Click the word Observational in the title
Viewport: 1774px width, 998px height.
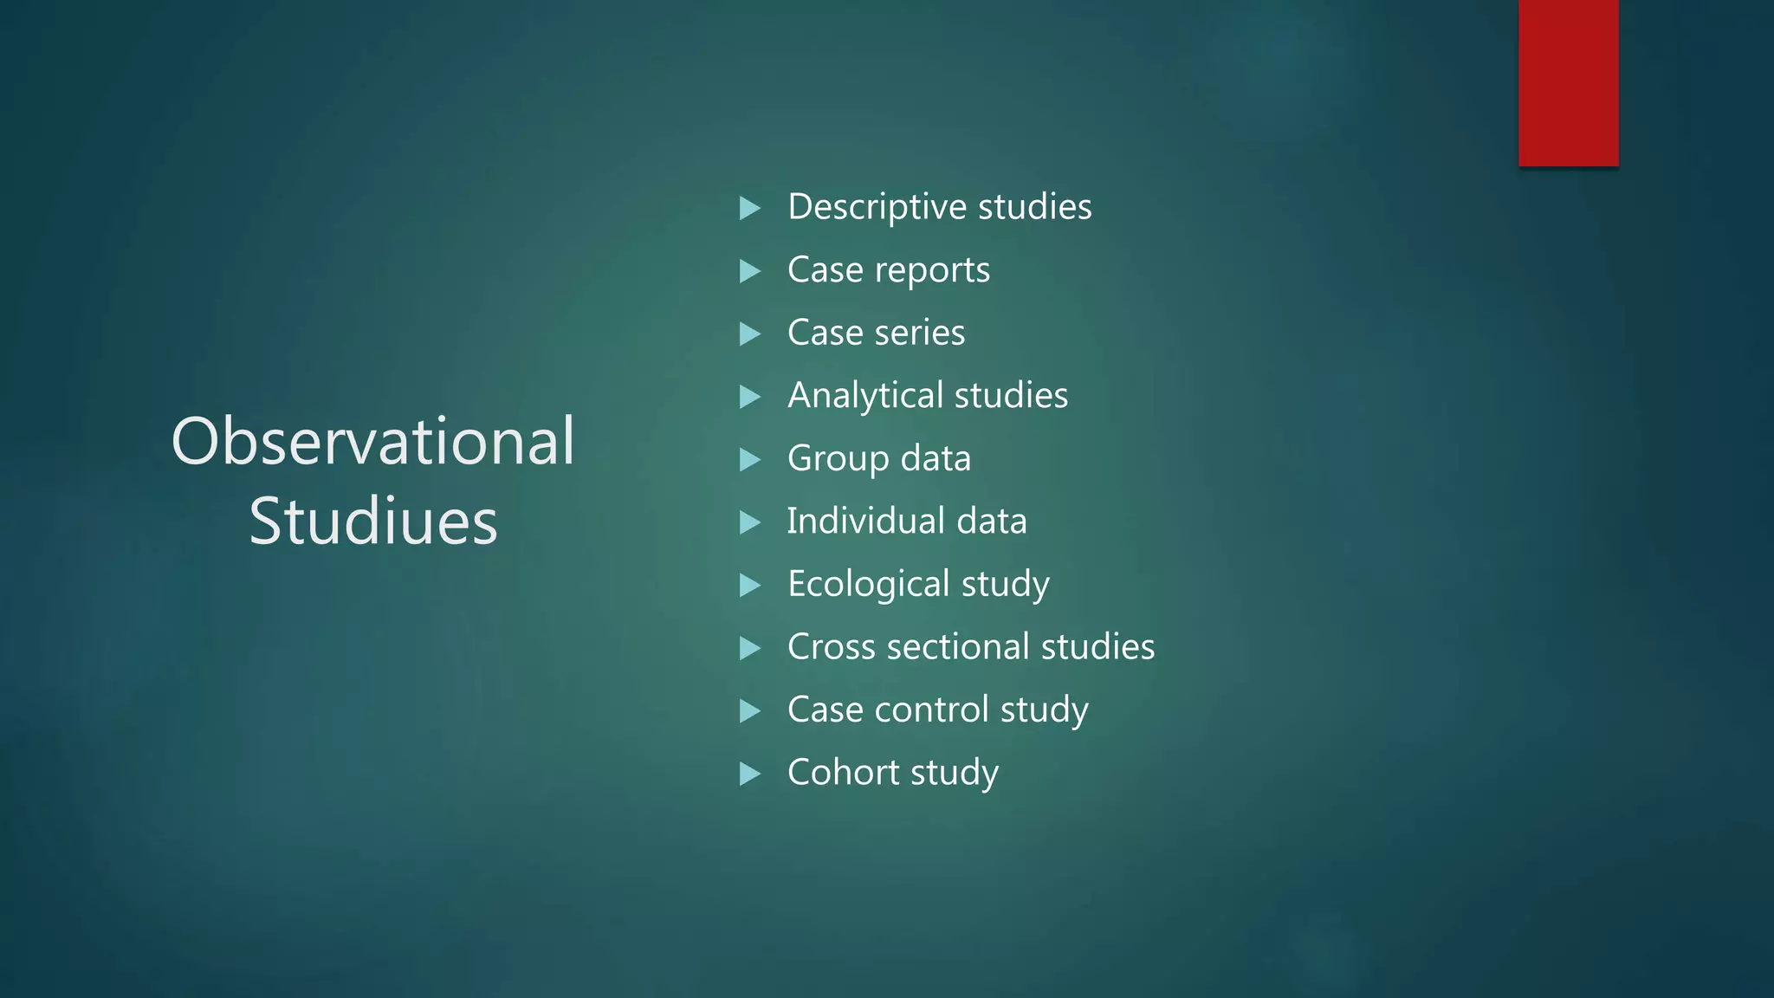click(x=373, y=441)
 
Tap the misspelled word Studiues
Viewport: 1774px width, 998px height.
click(x=373, y=521)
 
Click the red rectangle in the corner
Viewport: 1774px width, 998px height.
click(x=1568, y=83)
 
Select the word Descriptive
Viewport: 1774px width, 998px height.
click(x=877, y=207)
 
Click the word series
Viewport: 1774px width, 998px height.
click(x=919, y=333)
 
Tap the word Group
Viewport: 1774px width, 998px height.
click(x=838, y=458)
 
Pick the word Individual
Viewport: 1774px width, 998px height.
click(x=865, y=522)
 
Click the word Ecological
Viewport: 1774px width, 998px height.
click(x=869, y=584)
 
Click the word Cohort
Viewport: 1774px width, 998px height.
click(x=843, y=773)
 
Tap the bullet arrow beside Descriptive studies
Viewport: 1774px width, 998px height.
click(x=750, y=208)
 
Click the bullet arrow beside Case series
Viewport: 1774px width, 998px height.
click(x=750, y=334)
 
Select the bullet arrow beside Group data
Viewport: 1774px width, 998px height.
click(x=750, y=459)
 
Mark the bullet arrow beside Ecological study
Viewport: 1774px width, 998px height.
click(x=750, y=585)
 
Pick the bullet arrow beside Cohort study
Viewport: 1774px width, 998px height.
click(x=750, y=774)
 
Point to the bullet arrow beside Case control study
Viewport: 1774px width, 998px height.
click(x=750, y=710)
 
